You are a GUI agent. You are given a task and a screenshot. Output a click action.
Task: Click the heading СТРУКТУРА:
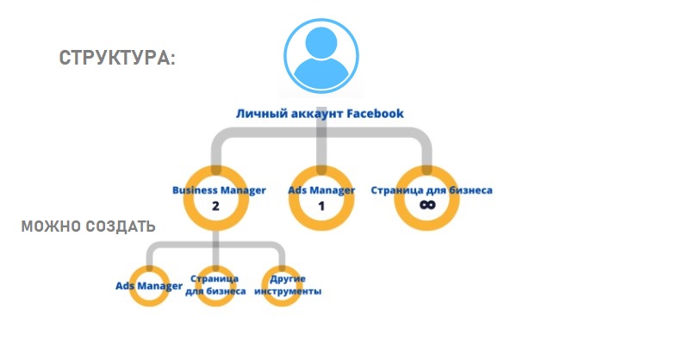(117, 59)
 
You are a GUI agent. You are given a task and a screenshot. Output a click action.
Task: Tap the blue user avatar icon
(320, 55)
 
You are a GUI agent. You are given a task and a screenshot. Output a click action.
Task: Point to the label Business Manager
(219, 189)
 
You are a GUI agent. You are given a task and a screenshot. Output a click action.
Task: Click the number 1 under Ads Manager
(321, 207)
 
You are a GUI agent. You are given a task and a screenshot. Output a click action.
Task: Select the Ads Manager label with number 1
(321, 189)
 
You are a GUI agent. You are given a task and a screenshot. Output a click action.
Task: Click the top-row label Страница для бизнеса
(432, 189)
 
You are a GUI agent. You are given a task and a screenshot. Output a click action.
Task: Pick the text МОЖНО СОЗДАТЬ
(88, 227)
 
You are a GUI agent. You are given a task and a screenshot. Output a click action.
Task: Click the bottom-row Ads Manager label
(149, 285)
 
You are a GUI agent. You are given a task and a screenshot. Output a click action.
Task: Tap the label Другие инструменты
(289, 286)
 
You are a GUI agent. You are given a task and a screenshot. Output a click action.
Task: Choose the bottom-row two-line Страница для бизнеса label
(215, 286)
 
